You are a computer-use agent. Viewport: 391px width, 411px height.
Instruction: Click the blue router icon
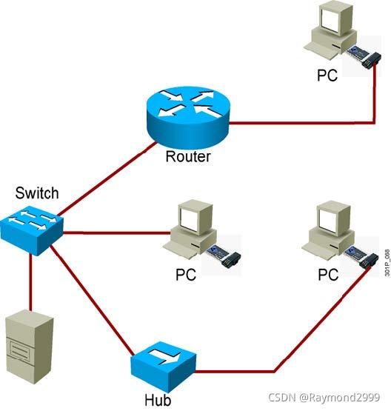click(187, 118)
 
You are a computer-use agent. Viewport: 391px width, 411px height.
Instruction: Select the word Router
click(188, 156)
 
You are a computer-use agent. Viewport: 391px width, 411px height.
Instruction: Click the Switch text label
click(37, 193)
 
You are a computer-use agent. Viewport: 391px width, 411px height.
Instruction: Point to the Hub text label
click(158, 400)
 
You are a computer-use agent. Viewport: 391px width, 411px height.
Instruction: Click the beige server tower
click(30, 347)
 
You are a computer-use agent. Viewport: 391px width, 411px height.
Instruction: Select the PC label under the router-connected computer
click(327, 76)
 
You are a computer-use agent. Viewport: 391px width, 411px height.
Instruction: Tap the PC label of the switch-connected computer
click(186, 275)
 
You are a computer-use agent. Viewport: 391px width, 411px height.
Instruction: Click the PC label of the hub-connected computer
click(328, 275)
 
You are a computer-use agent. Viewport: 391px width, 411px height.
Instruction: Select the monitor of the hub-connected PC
click(333, 217)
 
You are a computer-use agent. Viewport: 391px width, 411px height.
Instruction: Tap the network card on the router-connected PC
click(364, 56)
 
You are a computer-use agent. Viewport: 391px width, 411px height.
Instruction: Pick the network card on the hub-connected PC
click(361, 256)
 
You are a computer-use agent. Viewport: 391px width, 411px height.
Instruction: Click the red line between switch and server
click(30, 283)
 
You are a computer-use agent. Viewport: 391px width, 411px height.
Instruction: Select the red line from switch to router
click(107, 178)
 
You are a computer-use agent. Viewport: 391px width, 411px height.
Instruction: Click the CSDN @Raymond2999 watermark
click(324, 398)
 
